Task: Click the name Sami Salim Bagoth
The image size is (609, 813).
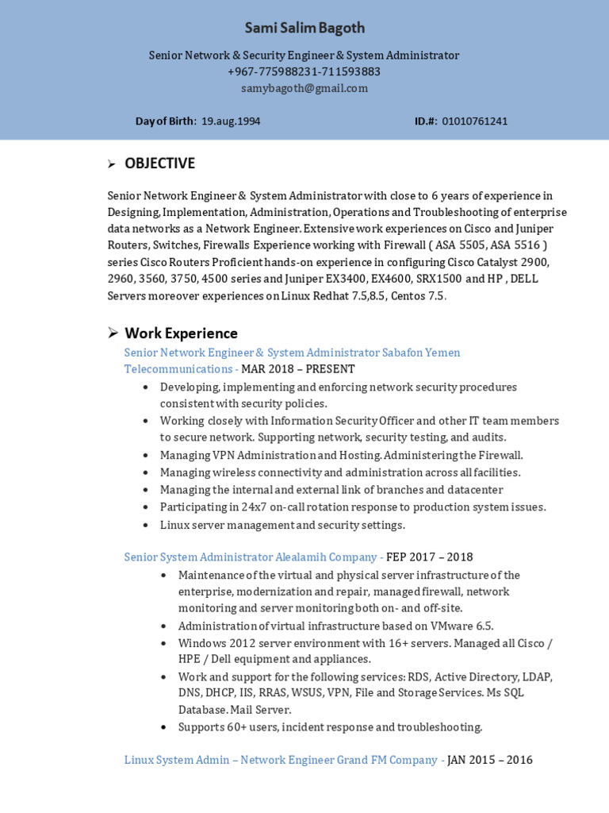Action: (x=304, y=29)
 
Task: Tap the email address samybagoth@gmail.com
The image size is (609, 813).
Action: (x=304, y=88)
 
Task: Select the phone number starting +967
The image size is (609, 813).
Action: (x=304, y=71)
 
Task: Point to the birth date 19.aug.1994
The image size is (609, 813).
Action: (x=231, y=121)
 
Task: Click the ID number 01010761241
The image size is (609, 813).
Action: (x=475, y=121)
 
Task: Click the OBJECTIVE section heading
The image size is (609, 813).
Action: (x=159, y=164)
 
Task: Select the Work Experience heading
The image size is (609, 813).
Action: (x=181, y=333)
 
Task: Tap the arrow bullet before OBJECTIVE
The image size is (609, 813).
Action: (x=112, y=164)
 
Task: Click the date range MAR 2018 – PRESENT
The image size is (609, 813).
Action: (x=298, y=369)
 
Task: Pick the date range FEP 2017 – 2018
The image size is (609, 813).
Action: (x=429, y=557)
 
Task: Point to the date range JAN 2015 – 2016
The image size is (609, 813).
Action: (x=490, y=761)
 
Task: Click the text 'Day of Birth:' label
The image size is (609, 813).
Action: (x=166, y=121)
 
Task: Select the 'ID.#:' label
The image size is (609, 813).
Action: (x=426, y=121)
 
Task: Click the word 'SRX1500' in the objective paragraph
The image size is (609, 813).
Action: (x=439, y=279)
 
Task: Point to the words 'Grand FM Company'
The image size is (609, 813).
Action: (x=387, y=761)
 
